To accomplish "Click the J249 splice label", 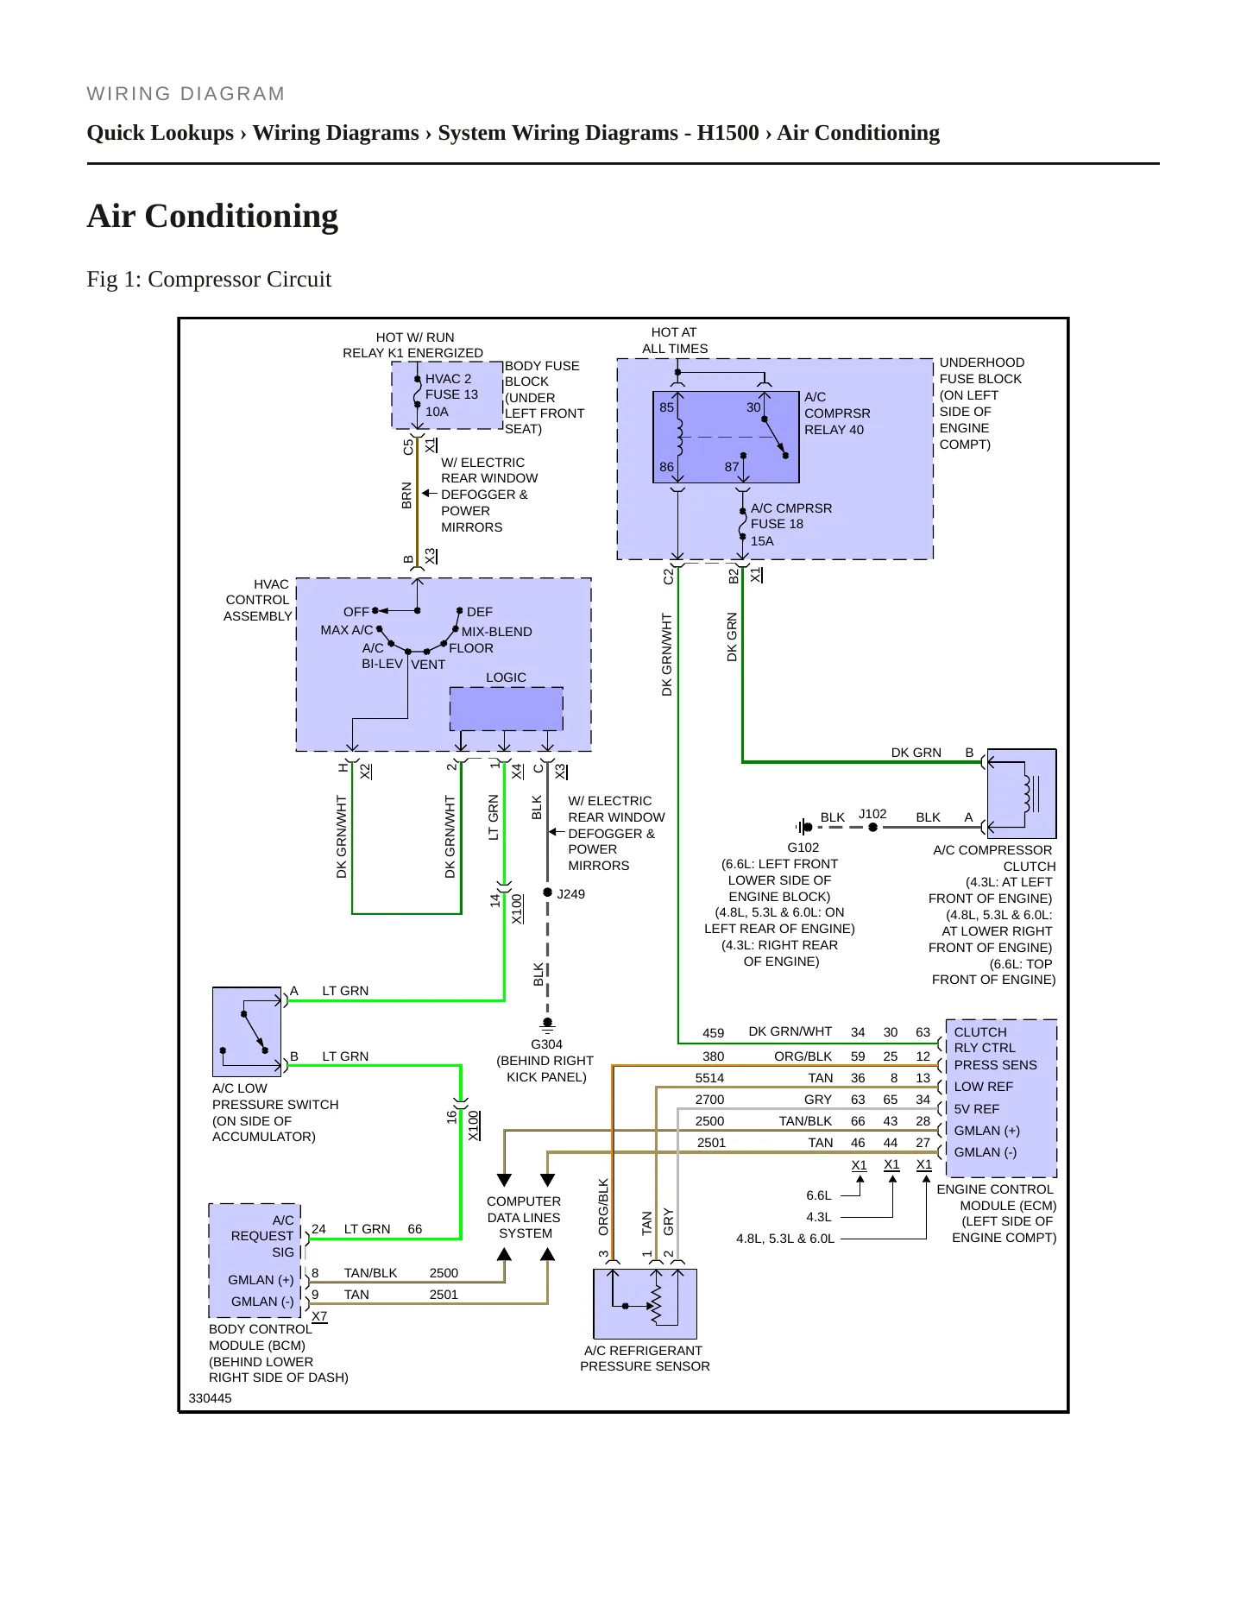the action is [x=570, y=894].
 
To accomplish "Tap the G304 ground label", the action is [x=546, y=1044].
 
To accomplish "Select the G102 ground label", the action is [x=803, y=848].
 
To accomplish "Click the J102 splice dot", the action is [x=872, y=827].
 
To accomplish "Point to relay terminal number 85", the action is [x=666, y=407].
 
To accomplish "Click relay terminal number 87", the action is [x=732, y=467].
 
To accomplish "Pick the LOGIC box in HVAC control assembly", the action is [x=506, y=709].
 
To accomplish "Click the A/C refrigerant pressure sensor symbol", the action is [x=645, y=1303].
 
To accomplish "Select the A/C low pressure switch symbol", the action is [x=247, y=1031].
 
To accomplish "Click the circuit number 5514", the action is [x=709, y=1078].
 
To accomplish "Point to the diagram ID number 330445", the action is [x=210, y=1398].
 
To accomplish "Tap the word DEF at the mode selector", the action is [x=480, y=612].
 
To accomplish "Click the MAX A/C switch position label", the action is [x=347, y=630].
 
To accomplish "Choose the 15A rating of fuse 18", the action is [x=762, y=541].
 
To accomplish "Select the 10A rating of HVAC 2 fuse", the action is [x=437, y=412].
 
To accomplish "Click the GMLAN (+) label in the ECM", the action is [x=986, y=1131].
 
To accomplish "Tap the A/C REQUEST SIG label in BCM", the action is [x=262, y=1236].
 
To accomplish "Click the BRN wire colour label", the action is [x=406, y=495].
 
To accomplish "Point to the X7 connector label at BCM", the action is [x=319, y=1316].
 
